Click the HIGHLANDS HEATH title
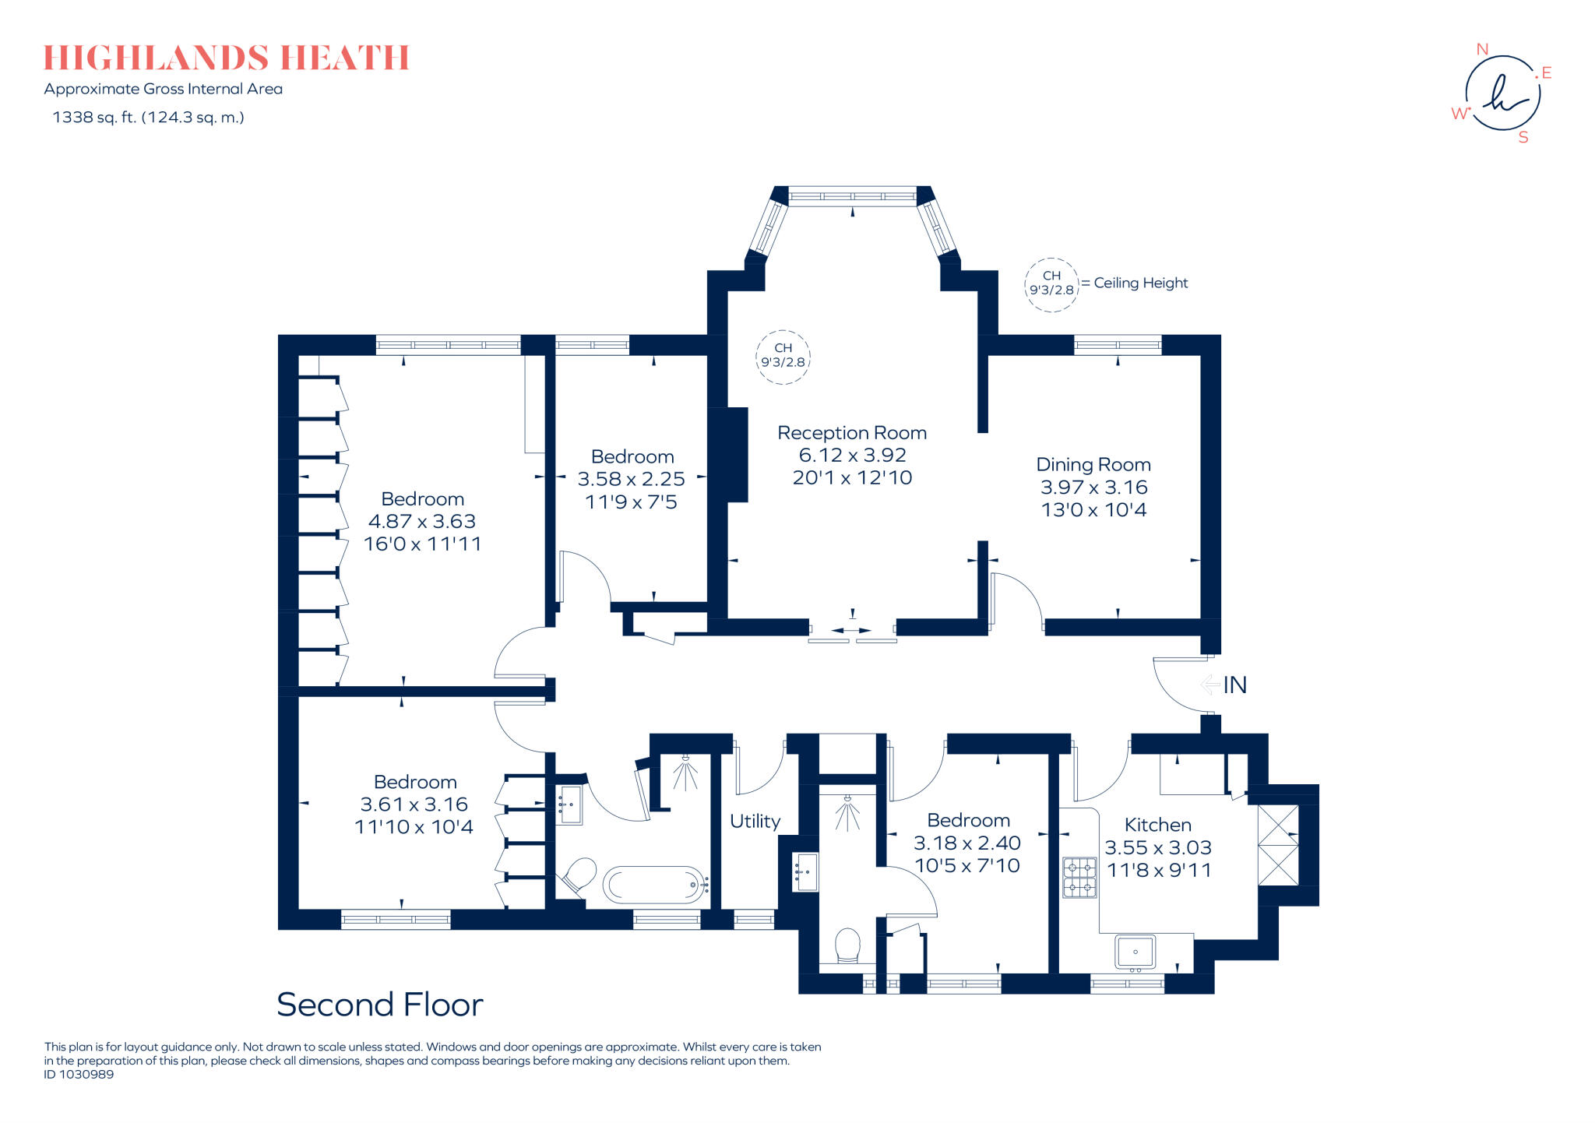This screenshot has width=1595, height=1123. click(226, 58)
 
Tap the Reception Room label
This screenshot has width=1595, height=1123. click(852, 433)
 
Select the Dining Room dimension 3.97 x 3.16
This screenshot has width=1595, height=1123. click(1093, 488)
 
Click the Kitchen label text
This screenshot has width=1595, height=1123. click(1157, 825)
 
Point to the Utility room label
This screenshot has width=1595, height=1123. click(755, 821)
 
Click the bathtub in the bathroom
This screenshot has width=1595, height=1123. click(654, 885)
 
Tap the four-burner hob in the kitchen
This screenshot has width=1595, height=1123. click(1079, 877)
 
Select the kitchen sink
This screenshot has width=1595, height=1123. click(1135, 952)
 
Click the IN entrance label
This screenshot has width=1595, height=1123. click(1234, 685)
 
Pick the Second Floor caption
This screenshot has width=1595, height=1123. click(379, 1005)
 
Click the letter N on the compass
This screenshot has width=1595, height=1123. click(1482, 49)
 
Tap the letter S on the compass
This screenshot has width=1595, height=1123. click(1523, 138)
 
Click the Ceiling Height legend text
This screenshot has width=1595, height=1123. click(1140, 283)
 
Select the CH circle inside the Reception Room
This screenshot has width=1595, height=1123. click(783, 356)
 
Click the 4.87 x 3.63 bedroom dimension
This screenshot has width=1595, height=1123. click(421, 521)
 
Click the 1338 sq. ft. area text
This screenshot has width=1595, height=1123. click(148, 118)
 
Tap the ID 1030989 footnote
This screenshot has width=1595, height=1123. click(79, 1075)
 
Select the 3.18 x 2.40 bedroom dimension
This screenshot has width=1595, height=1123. click(967, 843)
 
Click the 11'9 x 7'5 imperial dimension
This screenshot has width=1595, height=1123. click(631, 502)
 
